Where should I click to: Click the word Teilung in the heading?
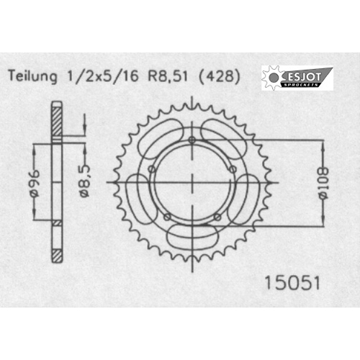(33, 76)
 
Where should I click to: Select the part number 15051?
(292, 283)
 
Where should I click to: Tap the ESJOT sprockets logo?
(297, 78)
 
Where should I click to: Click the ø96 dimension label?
(35, 184)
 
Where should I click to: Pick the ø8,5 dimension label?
(85, 181)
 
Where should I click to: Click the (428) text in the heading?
(219, 76)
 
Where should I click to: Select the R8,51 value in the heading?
(168, 76)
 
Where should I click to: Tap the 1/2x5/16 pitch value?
(103, 76)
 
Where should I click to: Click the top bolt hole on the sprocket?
(192, 140)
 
